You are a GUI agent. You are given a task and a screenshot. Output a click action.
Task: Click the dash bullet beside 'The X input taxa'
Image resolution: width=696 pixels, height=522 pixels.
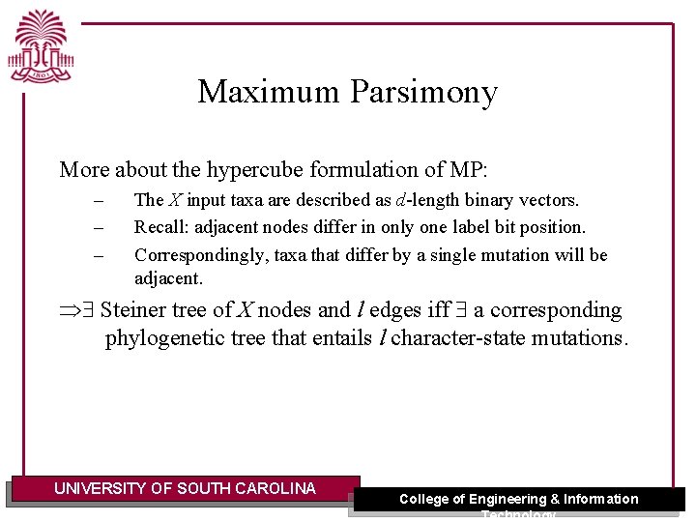click(97, 201)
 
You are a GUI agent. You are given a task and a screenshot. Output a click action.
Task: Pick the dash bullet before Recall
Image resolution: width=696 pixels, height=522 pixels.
click(97, 228)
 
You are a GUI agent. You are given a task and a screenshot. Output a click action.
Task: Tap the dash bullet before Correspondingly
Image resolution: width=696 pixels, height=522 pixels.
click(97, 256)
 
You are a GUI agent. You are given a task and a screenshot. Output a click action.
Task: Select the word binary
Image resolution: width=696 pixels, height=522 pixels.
click(493, 200)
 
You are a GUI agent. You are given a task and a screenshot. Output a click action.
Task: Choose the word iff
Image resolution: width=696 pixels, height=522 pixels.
click(439, 310)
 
